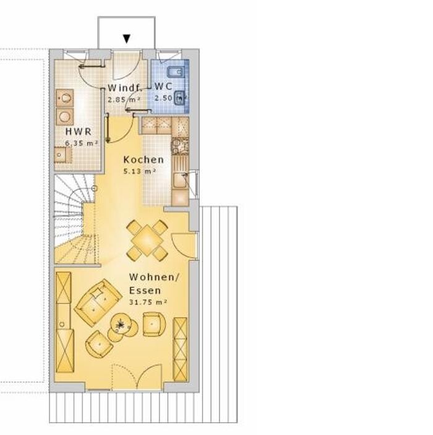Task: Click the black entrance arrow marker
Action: coord(127,39)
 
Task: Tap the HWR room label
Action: coord(79,132)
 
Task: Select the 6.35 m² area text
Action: coord(81,143)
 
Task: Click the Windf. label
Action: coord(125,88)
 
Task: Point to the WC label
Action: coord(163,86)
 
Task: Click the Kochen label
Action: coord(144,160)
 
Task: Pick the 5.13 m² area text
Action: coord(139,171)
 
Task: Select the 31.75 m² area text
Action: coord(148,302)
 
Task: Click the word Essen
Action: coord(145,290)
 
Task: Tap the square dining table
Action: coord(147,240)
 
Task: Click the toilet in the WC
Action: coord(176,72)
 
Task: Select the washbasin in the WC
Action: coord(180,98)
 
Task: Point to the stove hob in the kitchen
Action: coord(180,146)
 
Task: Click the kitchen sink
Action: coord(180,180)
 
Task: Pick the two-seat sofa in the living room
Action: coord(98,303)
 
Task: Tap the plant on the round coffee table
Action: coord(121,324)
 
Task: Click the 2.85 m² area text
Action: coord(124,100)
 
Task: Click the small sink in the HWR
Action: coord(62,155)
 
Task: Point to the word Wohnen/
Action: coord(155,277)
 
